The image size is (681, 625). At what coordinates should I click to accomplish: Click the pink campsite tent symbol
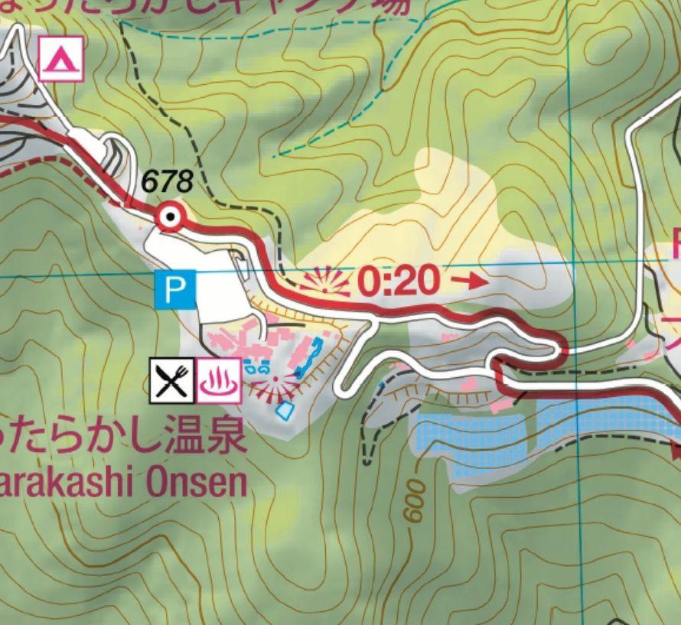60,60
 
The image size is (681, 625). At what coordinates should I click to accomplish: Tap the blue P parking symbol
175,289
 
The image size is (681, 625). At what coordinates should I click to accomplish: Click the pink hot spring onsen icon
220,380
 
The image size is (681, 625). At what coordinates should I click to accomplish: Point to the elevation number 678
167,182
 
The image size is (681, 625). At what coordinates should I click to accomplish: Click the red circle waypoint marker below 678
170,219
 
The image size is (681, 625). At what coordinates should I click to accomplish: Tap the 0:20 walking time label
399,282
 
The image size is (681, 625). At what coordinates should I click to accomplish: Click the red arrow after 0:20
468,281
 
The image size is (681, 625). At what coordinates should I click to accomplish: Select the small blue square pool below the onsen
285,411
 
